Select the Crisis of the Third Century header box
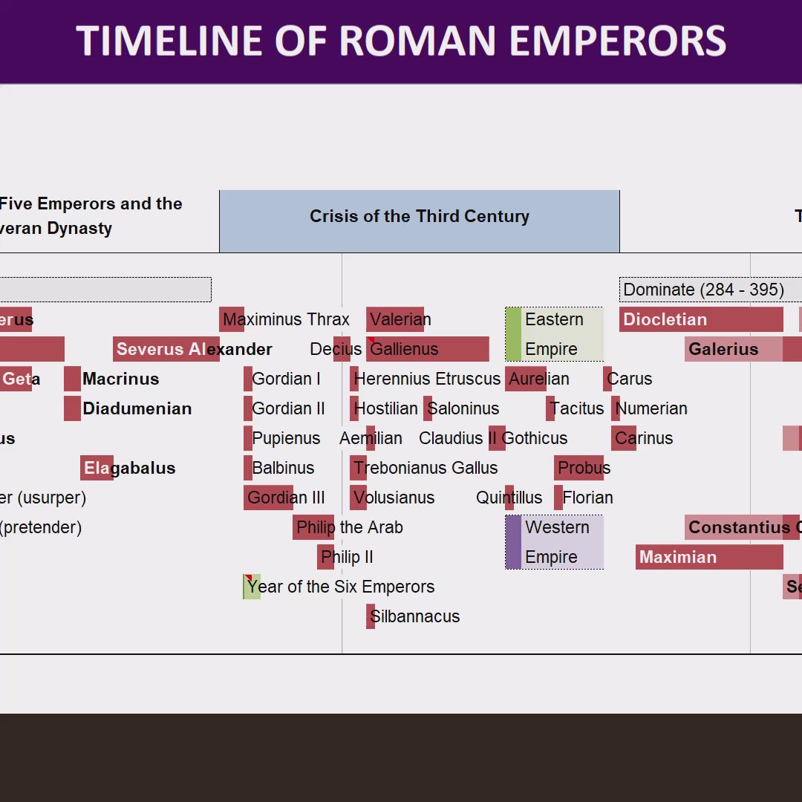pyautogui.click(x=420, y=221)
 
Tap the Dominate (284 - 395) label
pyautogui.click(x=703, y=290)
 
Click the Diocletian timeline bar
pyautogui.click(x=701, y=319)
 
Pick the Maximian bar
pyautogui.click(x=709, y=557)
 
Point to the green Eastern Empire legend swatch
pyautogui.click(x=513, y=334)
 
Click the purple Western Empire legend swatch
pyautogui.click(x=513, y=542)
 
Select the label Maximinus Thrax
pyautogui.click(x=286, y=319)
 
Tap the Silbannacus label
pyautogui.click(x=415, y=616)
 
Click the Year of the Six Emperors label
pyautogui.click(x=340, y=587)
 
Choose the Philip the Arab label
pyautogui.click(x=349, y=527)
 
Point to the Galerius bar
pyautogui.click(x=734, y=349)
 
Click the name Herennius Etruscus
pyautogui.click(x=427, y=379)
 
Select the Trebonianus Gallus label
pyautogui.click(x=426, y=468)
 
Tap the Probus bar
pyautogui.click(x=578, y=468)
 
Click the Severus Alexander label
pyautogui.click(x=194, y=349)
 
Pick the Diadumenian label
pyautogui.click(x=137, y=408)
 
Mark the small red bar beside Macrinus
pyautogui.click(x=72, y=379)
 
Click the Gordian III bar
pyautogui.click(x=268, y=498)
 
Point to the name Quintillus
pyautogui.click(x=509, y=498)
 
